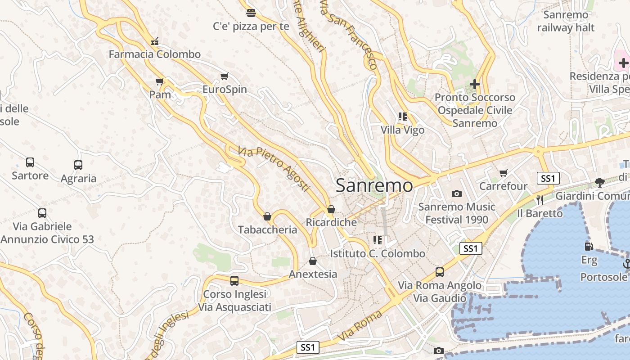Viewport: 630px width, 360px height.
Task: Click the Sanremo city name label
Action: click(x=374, y=185)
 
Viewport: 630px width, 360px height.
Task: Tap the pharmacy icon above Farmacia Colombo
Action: click(x=155, y=42)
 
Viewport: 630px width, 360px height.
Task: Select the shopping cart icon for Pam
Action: click(x=159, y=82)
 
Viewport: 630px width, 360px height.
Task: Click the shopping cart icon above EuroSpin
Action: click(x=224, y=76)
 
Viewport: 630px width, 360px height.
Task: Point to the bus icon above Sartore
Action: click(x=30, y=162)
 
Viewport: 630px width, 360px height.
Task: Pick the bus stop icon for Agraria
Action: click(x=78, y=165)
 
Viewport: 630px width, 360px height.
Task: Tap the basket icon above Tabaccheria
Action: click(x=267, y=217)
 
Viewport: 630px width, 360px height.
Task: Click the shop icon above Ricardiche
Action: click(x=331, y=209)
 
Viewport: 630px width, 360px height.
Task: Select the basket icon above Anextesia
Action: click(x=313, y=261)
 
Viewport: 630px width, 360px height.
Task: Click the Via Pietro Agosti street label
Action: click(x=274, y=169)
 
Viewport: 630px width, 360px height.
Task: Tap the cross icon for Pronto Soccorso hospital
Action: click(x=474, y=84)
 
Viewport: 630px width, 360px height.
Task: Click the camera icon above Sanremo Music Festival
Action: click(x=457, y=194)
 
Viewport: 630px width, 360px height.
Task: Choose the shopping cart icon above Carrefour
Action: click(x=504, y=173)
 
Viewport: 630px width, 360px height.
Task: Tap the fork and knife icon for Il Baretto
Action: click(x=540, y=200)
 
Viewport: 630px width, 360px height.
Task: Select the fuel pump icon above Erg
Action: click(x=589, y=247)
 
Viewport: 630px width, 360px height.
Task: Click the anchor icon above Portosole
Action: click(x=626, y=264)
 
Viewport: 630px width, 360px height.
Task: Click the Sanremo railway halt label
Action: click(x=566, y=21)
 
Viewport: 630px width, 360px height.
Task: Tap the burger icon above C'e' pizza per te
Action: click(x=251, y=13)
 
